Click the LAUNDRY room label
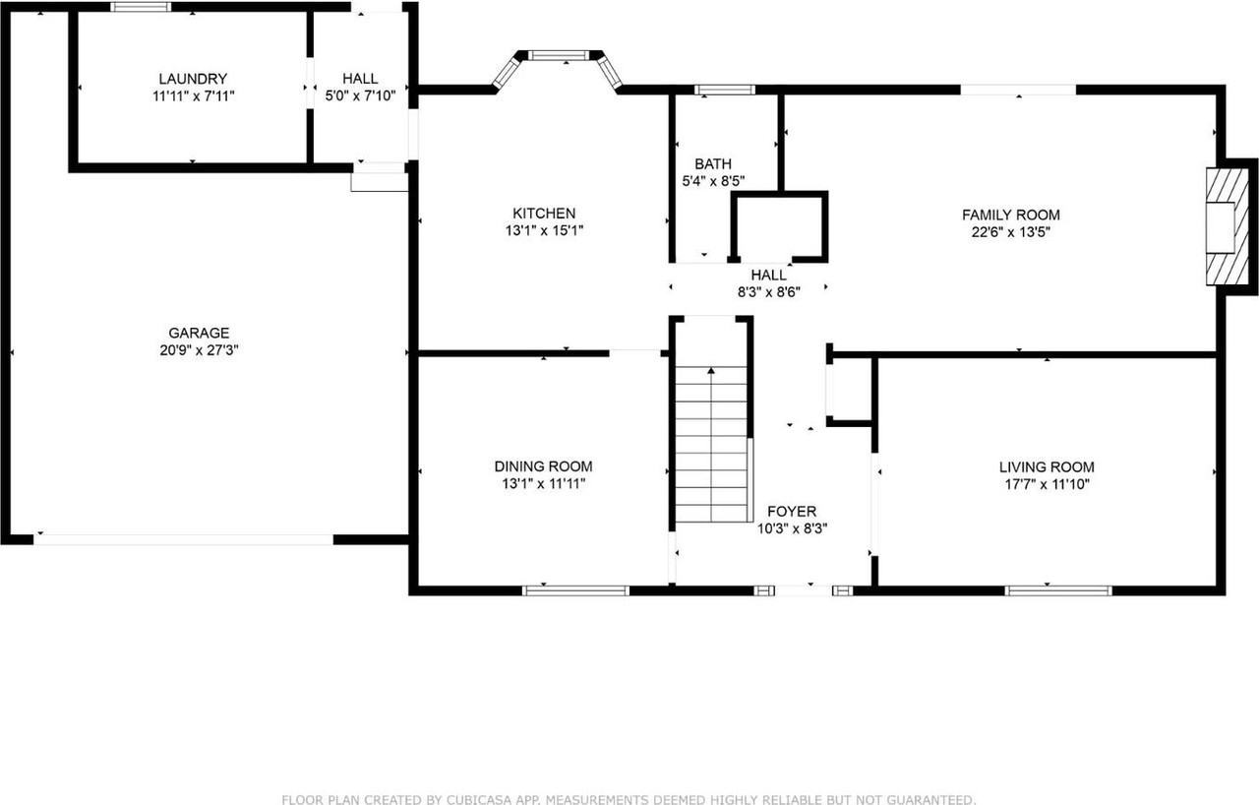click(193, 79)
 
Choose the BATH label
click(712, 164)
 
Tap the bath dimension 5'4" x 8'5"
click(712, 181)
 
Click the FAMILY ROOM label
click(1010, 216)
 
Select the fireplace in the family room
click(1223, 226)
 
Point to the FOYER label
click(792, 512)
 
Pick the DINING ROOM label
click(543, 466)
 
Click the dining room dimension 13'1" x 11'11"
click(543, 483)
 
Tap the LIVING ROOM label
click(1046, 467)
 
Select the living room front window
click(1058, 590)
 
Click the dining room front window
click(575, 590)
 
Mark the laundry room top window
click(140, 7)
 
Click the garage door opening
click(184, 539)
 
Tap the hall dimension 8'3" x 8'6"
click(768, 292)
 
